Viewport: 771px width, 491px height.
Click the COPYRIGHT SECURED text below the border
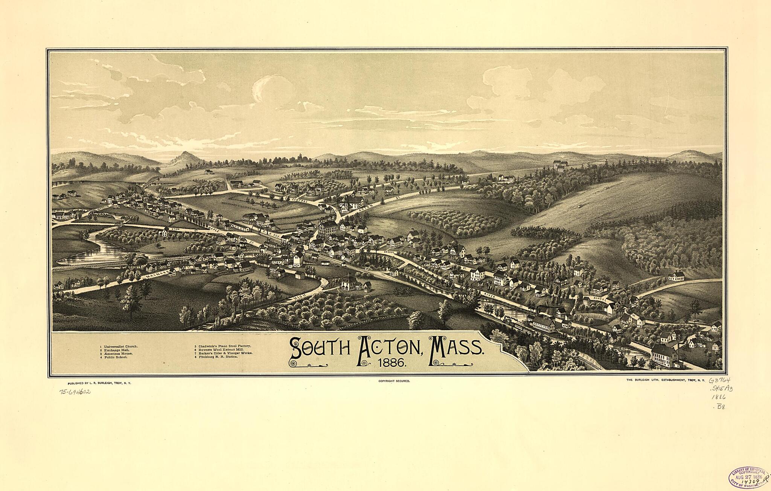point(394,381)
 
